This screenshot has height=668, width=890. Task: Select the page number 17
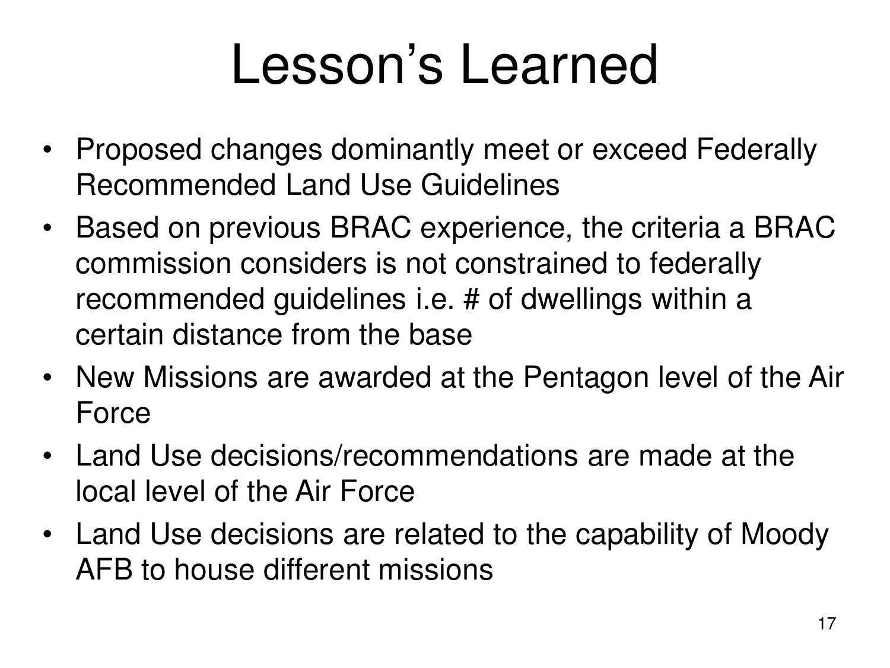click(x=827, y=624)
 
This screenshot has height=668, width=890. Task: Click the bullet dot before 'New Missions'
click(x=49, y=378)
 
